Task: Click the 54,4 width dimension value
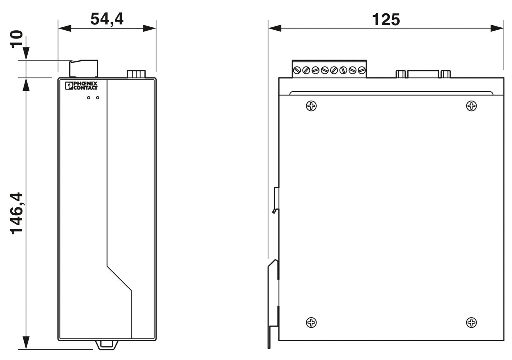click(x=107, y=19)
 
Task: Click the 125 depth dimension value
click(x=386, y=19)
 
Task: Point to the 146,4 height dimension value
click(x=17, y=213)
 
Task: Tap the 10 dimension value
click(x=17, y=39)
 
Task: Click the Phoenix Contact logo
click(x=81, y=85)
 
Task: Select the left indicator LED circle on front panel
click(x=89, y=98)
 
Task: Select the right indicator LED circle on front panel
click(x=98, y=98)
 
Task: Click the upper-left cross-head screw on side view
click(x=311, y=106)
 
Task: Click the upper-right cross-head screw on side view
click(x=471, y=106)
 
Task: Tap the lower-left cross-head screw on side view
click(x=311, y=322)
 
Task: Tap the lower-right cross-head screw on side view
click(x=471, y=322)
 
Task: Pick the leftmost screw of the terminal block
click(x=297, y=70)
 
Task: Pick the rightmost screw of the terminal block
click(x=362, y=70)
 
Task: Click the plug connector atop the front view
click(x=84, y=69)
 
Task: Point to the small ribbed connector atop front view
click(x=136, y=74)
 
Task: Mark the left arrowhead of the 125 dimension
click(x=274, y=28)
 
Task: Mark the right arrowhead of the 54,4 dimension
click(x=150, y=28)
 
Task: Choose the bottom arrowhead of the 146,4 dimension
click(x=26, y=343)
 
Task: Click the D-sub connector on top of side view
click(x=423, y=74)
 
